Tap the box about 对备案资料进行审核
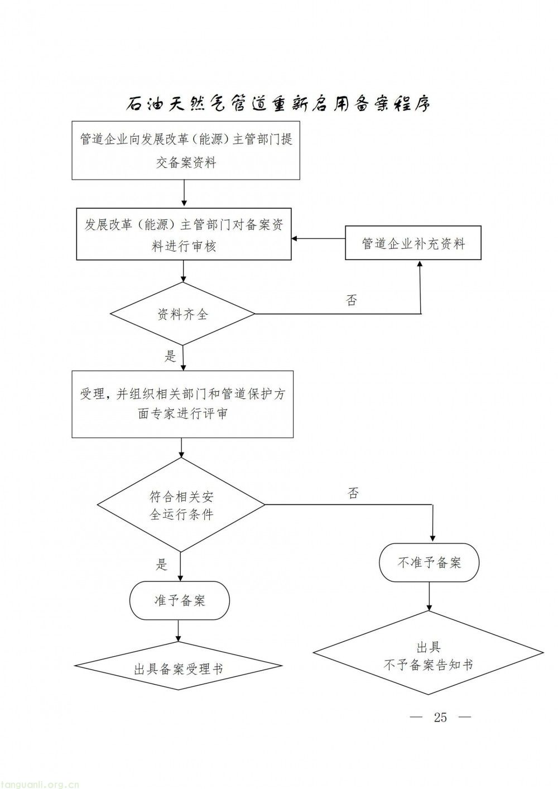point(184,234)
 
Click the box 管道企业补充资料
point(413,243)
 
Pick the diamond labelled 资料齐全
point(182,314)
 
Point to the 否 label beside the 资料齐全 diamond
point(352,301)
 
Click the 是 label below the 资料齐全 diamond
point(170,356)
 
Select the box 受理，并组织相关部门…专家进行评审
point(182,403)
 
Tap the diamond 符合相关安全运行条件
point(181,505)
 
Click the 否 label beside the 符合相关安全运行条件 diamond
point(353,493)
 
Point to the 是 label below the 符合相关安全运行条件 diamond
point(162,565)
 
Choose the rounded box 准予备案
point(180,600)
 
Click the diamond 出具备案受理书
point(179,668)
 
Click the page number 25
point(440,718)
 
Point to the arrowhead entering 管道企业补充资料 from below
point(420,265)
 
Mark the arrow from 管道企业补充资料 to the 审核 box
point(318,239)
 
